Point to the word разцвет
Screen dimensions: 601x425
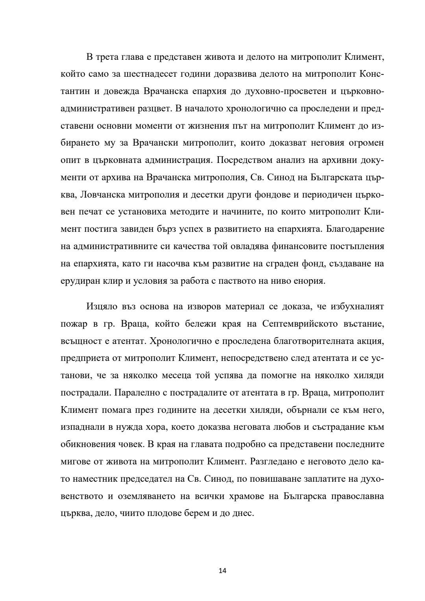coord(154,109)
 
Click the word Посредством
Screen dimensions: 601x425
coord(244,160)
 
